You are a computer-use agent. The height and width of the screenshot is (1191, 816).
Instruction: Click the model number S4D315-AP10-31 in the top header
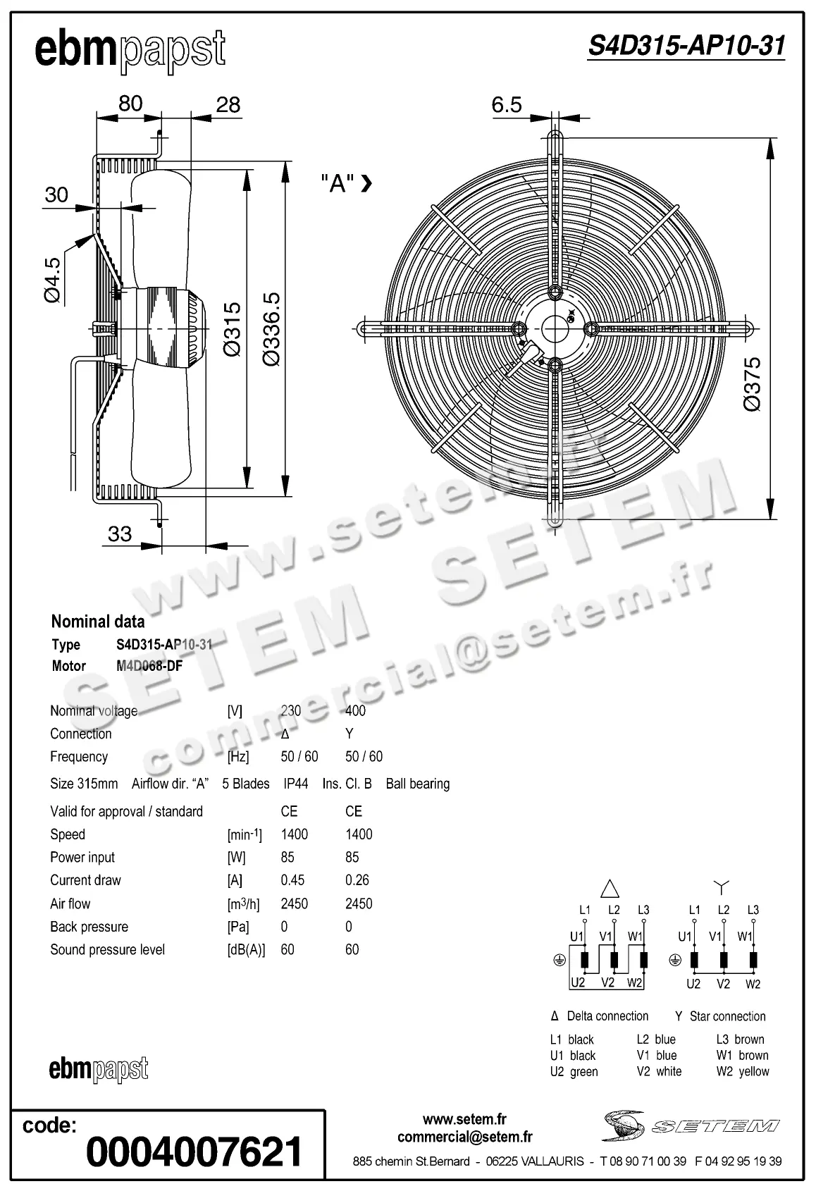(x=686, y=46)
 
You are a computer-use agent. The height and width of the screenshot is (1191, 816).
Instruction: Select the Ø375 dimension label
(x=752, y=384)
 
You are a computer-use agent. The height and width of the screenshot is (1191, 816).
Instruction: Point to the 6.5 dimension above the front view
(x=506, y=105)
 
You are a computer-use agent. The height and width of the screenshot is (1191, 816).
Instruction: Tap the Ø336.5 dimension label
(x=271, y=329)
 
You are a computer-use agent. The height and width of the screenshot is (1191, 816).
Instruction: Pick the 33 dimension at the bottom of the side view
(x=120, y=533)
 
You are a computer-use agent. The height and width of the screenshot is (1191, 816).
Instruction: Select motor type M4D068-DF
(x=149, y=666)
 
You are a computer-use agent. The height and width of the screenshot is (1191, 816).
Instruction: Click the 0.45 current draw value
(x=292, y=880)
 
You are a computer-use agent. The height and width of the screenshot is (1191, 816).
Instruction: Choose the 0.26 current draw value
(x=357, y=880)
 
